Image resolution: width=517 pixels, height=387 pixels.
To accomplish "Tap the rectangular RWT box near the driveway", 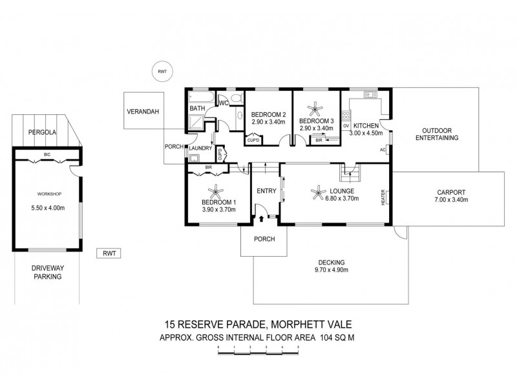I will pyautogui.click(x=107, y=253).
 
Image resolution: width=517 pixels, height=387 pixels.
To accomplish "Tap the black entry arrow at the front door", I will pyautogui.click(x=260, y=219).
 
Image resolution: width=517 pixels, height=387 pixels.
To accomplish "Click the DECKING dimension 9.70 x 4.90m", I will pyautogui.click(x=331, y=270).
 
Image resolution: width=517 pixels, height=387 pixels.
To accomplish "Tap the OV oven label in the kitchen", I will pyautogui.click(x=346, y=125).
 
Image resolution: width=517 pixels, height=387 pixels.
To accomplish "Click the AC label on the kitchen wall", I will pyautogui.click(x=383, y=150).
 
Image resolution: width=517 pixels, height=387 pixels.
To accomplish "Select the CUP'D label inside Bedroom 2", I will pyautogui.click(x=252, y=140).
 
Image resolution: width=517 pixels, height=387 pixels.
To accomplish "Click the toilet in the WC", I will pyautogui.click(x=236, y=98).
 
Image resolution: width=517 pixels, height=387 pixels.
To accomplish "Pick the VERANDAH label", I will pyautogui.click(x=142, y=111).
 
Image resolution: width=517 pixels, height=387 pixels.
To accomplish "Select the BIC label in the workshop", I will pyautogui.click(x=47, y=155).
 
